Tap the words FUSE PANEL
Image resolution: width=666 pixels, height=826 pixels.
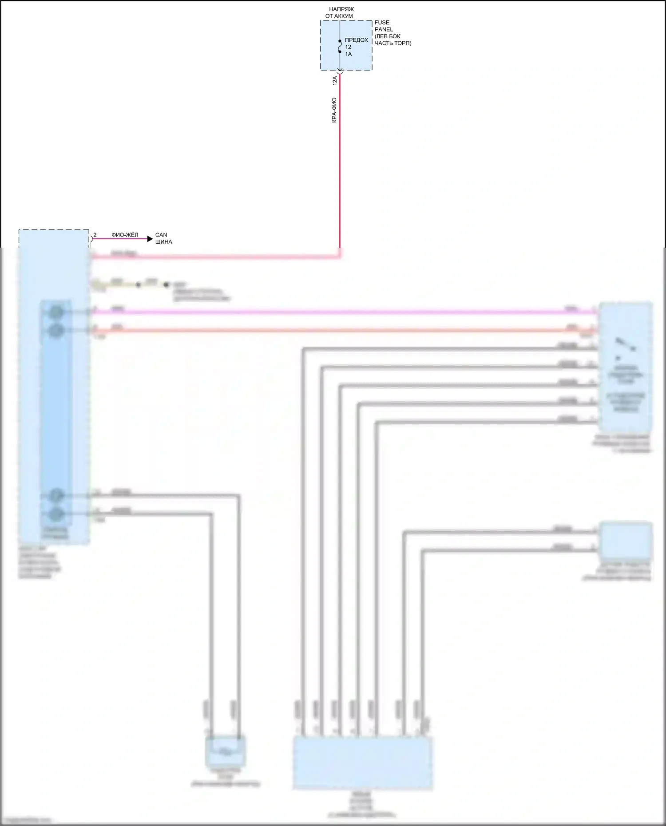click(x=383, y=26)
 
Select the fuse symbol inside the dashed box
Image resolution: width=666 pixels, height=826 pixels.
click(x=340, y=46)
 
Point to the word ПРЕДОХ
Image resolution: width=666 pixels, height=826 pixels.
click(x=357, y=40)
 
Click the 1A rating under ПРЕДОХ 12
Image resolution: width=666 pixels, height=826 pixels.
click(x=348, y=54)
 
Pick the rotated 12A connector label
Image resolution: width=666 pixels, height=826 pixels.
click(x=335, y=80)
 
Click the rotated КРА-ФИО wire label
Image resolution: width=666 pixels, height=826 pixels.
click(x=334, y=110)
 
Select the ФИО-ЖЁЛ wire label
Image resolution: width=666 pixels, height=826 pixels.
click(x=125, y=235)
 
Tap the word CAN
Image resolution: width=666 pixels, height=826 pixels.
click(x=161, y=235)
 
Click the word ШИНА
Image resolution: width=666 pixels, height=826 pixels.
click(x=163, y=242)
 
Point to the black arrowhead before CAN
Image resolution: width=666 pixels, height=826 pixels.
click(x=150, y=239)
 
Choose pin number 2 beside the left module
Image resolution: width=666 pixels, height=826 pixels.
click(x=95, y=235)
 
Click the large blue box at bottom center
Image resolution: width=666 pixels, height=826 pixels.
click(x=362, y=763)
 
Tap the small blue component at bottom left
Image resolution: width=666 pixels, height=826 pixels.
click(x=226, y=751)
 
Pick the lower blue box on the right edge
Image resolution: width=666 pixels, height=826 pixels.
click(x=625, y=540)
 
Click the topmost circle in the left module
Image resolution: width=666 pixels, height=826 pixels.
click(x=56, y=312)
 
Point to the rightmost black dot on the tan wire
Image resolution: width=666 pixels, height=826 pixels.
click(x=166, y=285)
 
